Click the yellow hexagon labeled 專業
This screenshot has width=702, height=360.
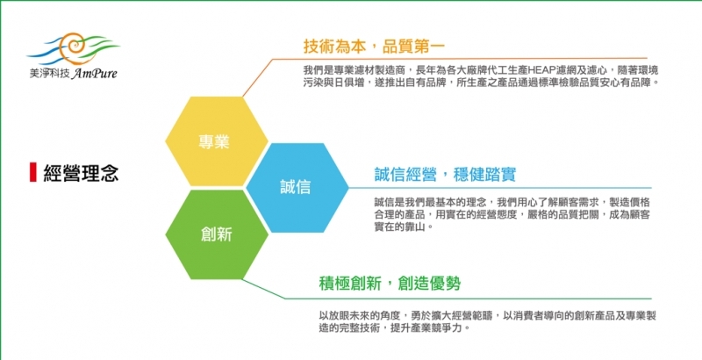tap(217, 141)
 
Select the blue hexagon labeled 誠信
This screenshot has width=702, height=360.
tap(297, 188)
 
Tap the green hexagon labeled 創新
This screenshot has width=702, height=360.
tap(217, 234)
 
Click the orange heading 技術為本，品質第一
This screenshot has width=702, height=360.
tap(374, 46)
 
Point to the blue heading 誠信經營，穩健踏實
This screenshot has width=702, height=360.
tap(445, 174)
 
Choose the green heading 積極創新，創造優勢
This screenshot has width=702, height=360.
tap(390, 284)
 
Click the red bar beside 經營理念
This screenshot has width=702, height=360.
tap(32, 172)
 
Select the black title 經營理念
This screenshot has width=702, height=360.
tap(81, 172)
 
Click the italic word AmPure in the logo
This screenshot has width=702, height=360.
tap(94, 73)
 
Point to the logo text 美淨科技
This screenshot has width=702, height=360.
tap(49, 74)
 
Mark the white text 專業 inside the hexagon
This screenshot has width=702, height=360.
tap(214, 141)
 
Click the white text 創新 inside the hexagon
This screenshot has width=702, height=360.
tap(216, 234)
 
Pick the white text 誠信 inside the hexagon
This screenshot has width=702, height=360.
tap(296, 187)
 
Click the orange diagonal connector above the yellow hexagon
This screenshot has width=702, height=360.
tap(257, 77)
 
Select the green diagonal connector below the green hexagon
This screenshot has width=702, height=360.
tap(264, 289)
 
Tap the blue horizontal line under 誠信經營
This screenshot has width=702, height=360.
tap(500, 188)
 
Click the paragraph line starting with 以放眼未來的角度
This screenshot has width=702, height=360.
tap(488, 316)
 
